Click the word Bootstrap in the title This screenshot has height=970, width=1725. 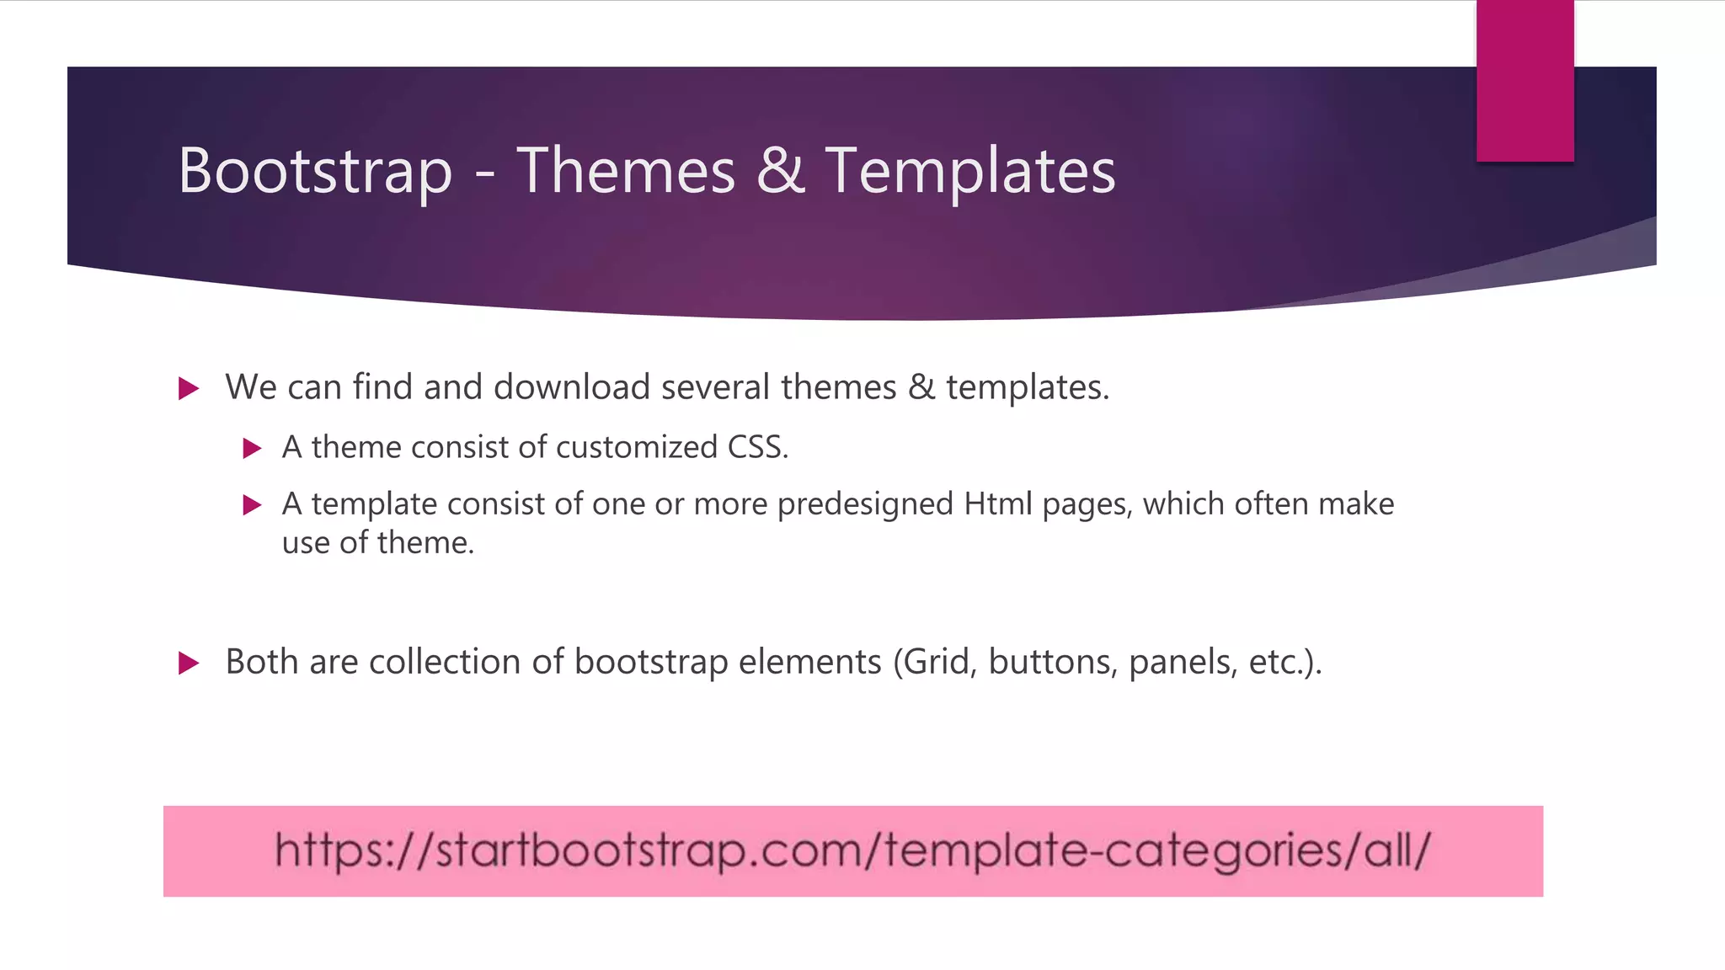[x=315, y=171]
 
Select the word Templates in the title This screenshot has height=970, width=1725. [x=969, y=171]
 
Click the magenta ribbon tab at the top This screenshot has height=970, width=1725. [x=1525, y=81]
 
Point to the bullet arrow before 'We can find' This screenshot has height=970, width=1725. [x=189, y=389]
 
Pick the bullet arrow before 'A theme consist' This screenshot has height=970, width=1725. [x=252, y=448]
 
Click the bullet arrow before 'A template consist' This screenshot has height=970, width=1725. [x=252, y=505]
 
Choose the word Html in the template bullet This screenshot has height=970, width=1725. [x=997, y=504]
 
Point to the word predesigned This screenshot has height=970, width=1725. [x=865, y=505]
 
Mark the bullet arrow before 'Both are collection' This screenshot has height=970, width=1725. [x=189, y=664]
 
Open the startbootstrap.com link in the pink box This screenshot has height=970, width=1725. [x=852, y=850]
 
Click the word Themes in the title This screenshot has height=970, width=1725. [x=626, y=171]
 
